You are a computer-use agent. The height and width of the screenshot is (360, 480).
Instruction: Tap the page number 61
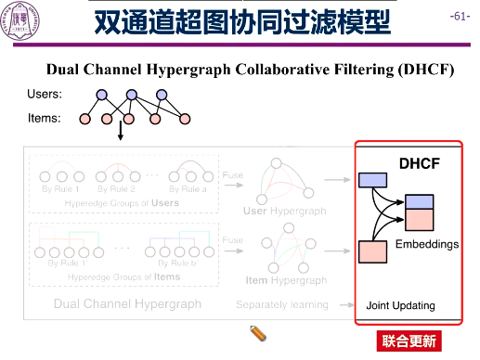[x=459, y=17]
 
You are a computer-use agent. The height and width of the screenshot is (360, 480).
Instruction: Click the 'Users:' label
[x=45, y=95]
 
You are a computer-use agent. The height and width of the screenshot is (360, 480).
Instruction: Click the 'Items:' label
[x=45, y=118]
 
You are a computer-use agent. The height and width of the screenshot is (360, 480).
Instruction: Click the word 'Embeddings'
[x=427, y=244]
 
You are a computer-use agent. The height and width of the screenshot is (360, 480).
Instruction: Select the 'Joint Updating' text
[x=400, y=305]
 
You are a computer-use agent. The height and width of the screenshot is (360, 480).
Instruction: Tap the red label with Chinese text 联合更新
[x=409, y=341]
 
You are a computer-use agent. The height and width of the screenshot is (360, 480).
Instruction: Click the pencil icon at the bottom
[x=260, y=334]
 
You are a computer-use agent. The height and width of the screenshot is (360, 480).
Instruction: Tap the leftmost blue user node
[x=101, y=95]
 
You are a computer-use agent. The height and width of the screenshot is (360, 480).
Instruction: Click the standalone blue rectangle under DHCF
[x=372, y=180]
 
